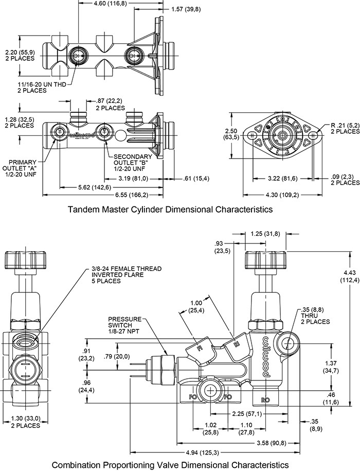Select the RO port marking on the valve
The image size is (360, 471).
coord(266,399)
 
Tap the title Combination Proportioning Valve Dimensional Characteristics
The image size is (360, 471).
coord(170,464)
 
